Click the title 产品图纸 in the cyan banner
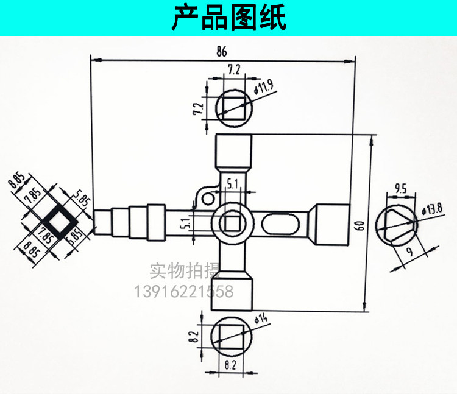click(x=228, y=18)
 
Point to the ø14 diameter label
click(x=261, y=318)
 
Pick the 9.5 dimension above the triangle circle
click(x=400, y=188)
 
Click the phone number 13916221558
click(x=182, y=292)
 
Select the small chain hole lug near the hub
click(x=206, y=196)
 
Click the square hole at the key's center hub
click(x=232, y=223)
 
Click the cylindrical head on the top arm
click(x=233, y=149)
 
